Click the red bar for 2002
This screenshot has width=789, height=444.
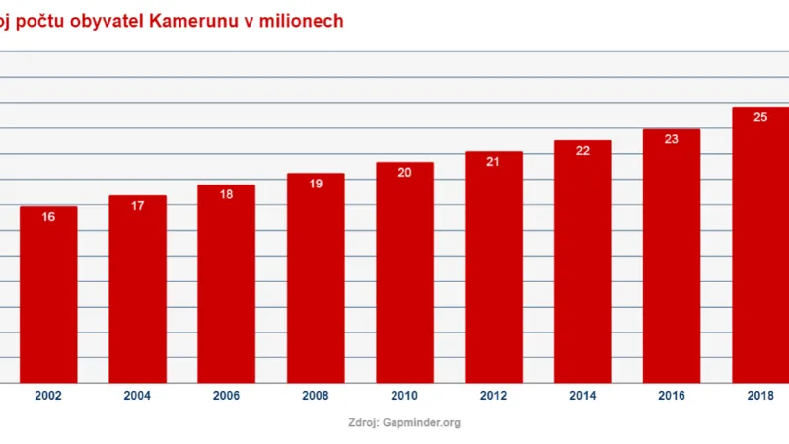tap(48, 296)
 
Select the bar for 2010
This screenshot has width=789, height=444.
tap(404, 276)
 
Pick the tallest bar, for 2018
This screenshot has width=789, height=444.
tap(759, 247)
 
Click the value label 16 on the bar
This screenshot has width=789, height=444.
tap(48, 216)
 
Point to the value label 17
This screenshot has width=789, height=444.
tap(137, 205)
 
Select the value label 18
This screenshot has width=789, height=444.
tap(226, 194)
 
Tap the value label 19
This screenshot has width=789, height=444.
tap(316, 184)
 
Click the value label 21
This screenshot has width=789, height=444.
tap(493, 161)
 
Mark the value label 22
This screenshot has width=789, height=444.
tap(582, 150)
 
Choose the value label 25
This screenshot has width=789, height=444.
tap(760, 116)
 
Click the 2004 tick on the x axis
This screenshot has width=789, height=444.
tap(137, 396)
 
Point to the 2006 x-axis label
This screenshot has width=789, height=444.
tap(226, 396)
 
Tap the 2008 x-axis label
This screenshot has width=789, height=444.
tap(316, 396)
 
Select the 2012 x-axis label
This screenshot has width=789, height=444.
tap(493, 396)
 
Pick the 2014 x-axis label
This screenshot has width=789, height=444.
tap(582, 396)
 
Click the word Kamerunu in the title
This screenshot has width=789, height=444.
tap(192, 21)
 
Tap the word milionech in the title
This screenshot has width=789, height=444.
tap(303, 21)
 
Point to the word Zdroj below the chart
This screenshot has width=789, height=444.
tap(365, 422)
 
